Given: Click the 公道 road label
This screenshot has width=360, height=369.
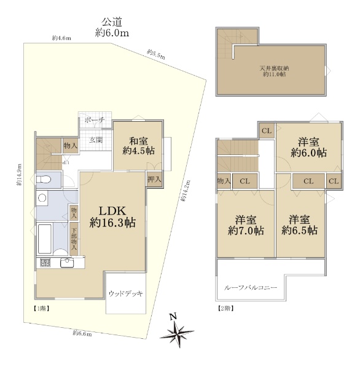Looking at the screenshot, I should tap(111, 22).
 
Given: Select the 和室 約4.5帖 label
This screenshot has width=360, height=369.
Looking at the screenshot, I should tap(137, 145).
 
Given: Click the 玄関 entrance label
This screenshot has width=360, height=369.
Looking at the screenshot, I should tap(96, 140).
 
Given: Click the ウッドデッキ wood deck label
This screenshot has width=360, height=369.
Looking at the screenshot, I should tap(126, 294).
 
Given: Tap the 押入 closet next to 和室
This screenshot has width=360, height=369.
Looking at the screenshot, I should tap(155, 180).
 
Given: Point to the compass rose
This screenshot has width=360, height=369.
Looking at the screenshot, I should tap(176, 331).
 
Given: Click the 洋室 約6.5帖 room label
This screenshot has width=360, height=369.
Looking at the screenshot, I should tap(299, 225).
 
